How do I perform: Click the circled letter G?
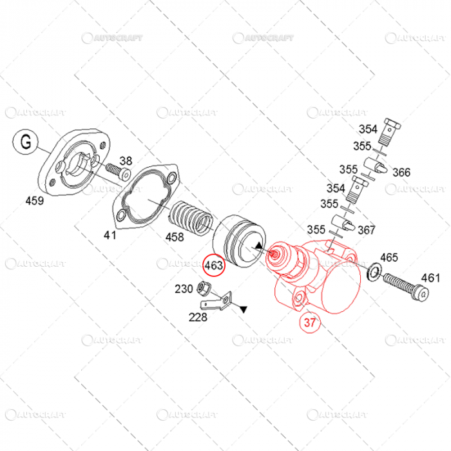tap(25, 142)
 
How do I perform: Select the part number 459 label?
tap(34, 201)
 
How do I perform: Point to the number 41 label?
tap(110, 235)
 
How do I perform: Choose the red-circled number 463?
tap(213, 265)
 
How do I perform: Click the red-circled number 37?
tap(311, 323)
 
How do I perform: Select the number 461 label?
tap(430, 278)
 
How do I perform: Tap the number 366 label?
tap(401, 173)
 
